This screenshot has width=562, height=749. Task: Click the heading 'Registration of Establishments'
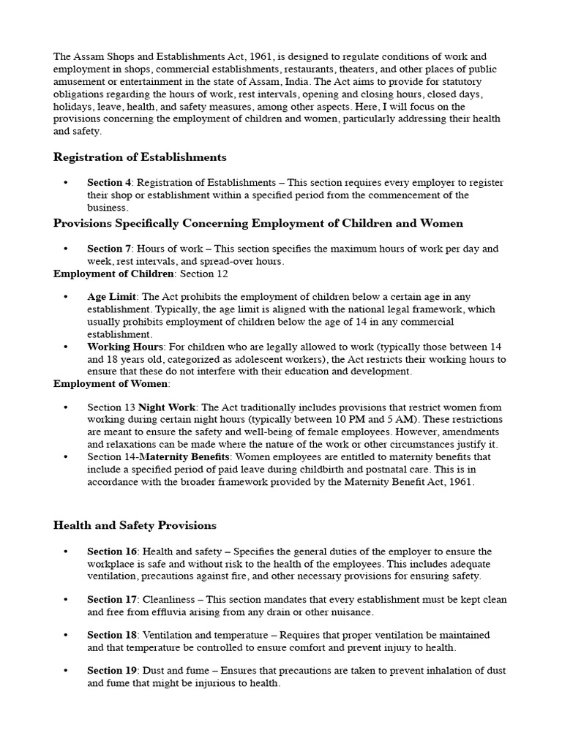click(x=140, y=157)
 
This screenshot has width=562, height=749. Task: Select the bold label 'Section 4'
click(x=109, y=183)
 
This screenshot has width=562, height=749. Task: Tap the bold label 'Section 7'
click(x=109, y=249)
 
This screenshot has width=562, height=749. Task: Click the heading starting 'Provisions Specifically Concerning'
click(x=258, y=223)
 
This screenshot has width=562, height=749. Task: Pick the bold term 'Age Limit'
click(x=112, y=297)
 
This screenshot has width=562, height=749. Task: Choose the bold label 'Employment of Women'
click(x=110, y=384)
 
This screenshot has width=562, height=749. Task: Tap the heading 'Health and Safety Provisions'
click(x=135, y=525)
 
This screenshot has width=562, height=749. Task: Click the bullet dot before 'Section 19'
click(x=66, y=671)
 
